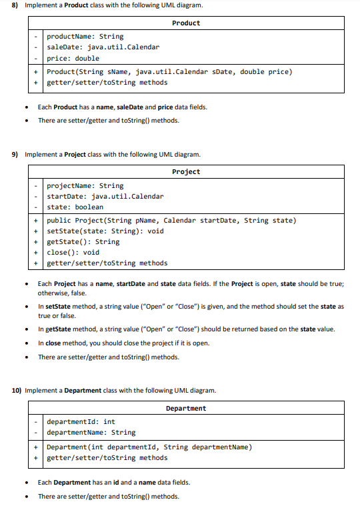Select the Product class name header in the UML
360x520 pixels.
pyautogui.click(x=186, y=23)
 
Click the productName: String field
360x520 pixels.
pyautogui.click(x=85, y=37)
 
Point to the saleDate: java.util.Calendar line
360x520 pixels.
pyautogui.click(x=103, y=47)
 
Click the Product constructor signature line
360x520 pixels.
pyautogui.click(x=169, y=72)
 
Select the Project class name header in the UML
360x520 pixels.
pyautogui.click(x=186, y=172)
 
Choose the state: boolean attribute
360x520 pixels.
pyautogui.click(x=75, y=207)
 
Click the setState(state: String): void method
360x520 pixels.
pyautogui.click(x=105, y=231)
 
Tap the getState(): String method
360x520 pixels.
pyautogui.click(x=83, y=242)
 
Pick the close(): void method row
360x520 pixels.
pyautogui.click(x=73, y=253)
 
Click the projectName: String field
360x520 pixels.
pyautogui.click(x=85, y=186)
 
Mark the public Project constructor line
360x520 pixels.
pyautogui.click(x=171, y=221)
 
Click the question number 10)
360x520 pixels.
pyautogui.click(x=18, y=391)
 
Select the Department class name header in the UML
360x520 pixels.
pyautogui.click(x=186, y=408)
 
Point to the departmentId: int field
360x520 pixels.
pyautogui.click(x=81, y=422)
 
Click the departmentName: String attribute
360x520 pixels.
pyautogui.click(x=91, y=433)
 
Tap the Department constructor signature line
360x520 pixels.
pyautogui.click(x=149, y=447)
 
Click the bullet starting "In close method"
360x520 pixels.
pyautogui.click(x=123, y=343)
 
